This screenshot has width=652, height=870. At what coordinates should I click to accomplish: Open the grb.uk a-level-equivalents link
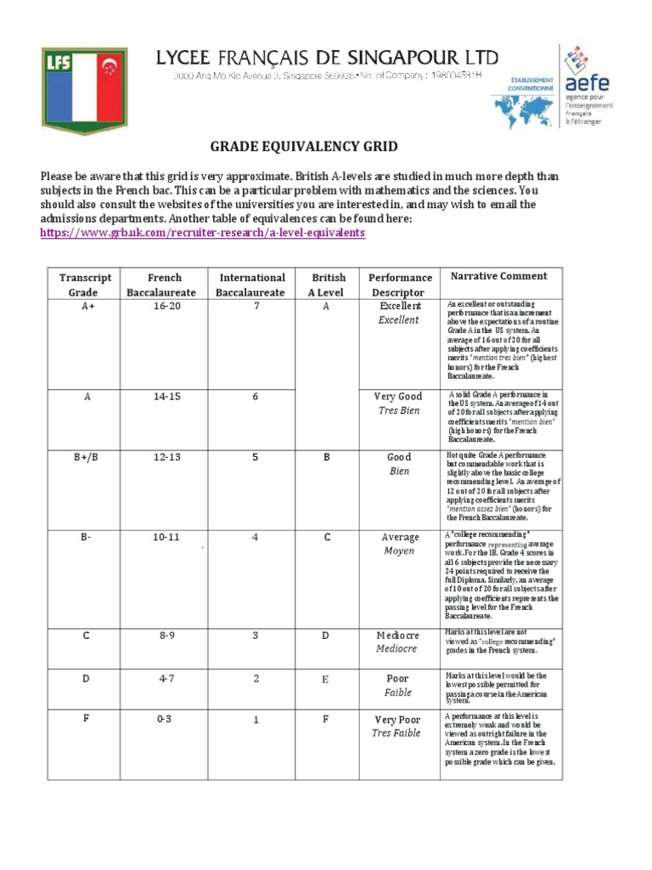point(203,232)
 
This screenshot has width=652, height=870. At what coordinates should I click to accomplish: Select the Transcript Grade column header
point(84,285)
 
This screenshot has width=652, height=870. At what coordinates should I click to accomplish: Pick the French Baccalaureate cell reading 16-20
point(165,307)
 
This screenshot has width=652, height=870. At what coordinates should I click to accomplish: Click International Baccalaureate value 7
point(252,307)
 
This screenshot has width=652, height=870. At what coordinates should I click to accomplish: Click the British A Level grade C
point(327,537)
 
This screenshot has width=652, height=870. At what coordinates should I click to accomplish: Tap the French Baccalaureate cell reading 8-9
point(166,635)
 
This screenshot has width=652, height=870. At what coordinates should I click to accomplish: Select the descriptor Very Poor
point(397,720)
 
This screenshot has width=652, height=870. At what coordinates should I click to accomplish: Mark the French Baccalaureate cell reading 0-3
point(164,719)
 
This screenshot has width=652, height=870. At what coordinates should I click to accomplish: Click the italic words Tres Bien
point(398,410)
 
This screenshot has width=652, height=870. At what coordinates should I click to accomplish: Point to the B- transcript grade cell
point(86,537)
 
